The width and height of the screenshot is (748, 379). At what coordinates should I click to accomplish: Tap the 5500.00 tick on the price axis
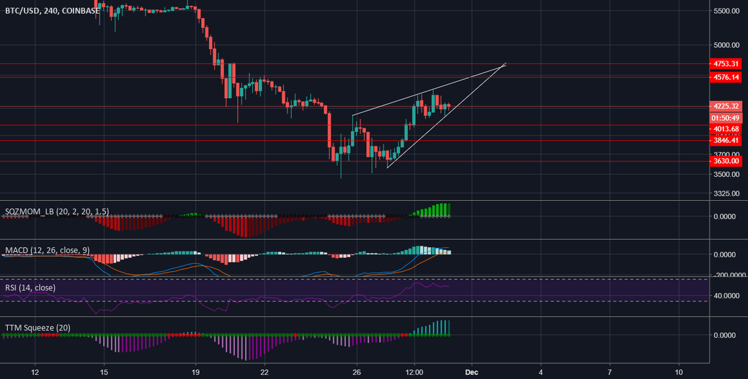[727, 12]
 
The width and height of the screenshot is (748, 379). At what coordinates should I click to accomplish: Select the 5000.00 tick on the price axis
[727, 45]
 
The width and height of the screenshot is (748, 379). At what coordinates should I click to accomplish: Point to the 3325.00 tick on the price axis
[727, 193]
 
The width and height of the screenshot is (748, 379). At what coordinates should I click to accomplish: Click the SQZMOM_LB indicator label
[57, 211]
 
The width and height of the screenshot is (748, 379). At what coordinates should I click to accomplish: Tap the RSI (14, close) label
[30, 287]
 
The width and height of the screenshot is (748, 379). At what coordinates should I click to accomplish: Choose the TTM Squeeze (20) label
[37, 328]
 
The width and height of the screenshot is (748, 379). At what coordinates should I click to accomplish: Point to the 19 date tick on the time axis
[196, 372]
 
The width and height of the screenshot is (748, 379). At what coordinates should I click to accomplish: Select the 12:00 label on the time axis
[414, 372]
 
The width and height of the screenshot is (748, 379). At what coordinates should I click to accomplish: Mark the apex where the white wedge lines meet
[506, 63]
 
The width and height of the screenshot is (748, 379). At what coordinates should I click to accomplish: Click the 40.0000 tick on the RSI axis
[727, 296]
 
